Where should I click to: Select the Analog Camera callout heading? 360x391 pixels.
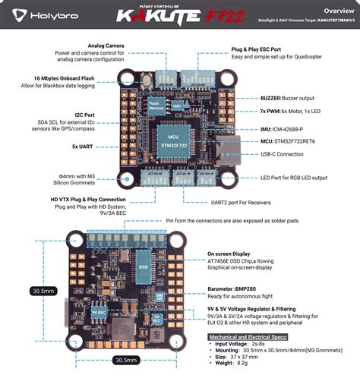click(x=106, y=46)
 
